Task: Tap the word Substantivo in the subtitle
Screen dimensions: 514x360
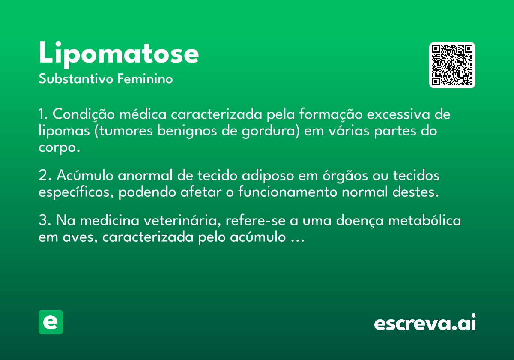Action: (76, 78)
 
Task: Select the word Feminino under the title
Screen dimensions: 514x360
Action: (145, 78)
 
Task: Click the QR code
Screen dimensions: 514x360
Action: (452, 65)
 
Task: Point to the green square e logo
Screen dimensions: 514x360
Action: (51, 322)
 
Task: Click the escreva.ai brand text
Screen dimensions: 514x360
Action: (425, 322)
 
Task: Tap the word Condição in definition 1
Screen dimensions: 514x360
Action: (84, 114)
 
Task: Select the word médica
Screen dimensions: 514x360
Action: (143, 114)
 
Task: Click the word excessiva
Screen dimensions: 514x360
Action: (398, 114)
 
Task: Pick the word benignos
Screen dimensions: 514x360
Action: (187, 131)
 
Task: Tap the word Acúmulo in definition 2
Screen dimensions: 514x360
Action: (85, 175)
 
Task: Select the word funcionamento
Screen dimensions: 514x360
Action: (288, 192)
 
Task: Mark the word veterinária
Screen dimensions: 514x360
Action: (182, 220)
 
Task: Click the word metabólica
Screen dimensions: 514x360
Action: (424, 220)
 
